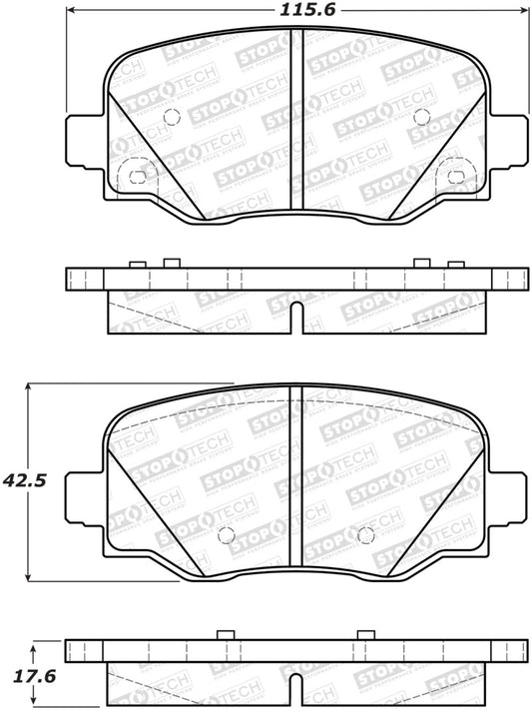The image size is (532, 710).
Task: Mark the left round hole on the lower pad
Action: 225,532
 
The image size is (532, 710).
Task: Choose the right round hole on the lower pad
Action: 365,532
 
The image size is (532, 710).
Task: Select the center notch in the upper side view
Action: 295,317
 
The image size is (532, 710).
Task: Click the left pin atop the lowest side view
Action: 225,635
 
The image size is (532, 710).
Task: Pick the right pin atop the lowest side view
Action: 365,635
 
